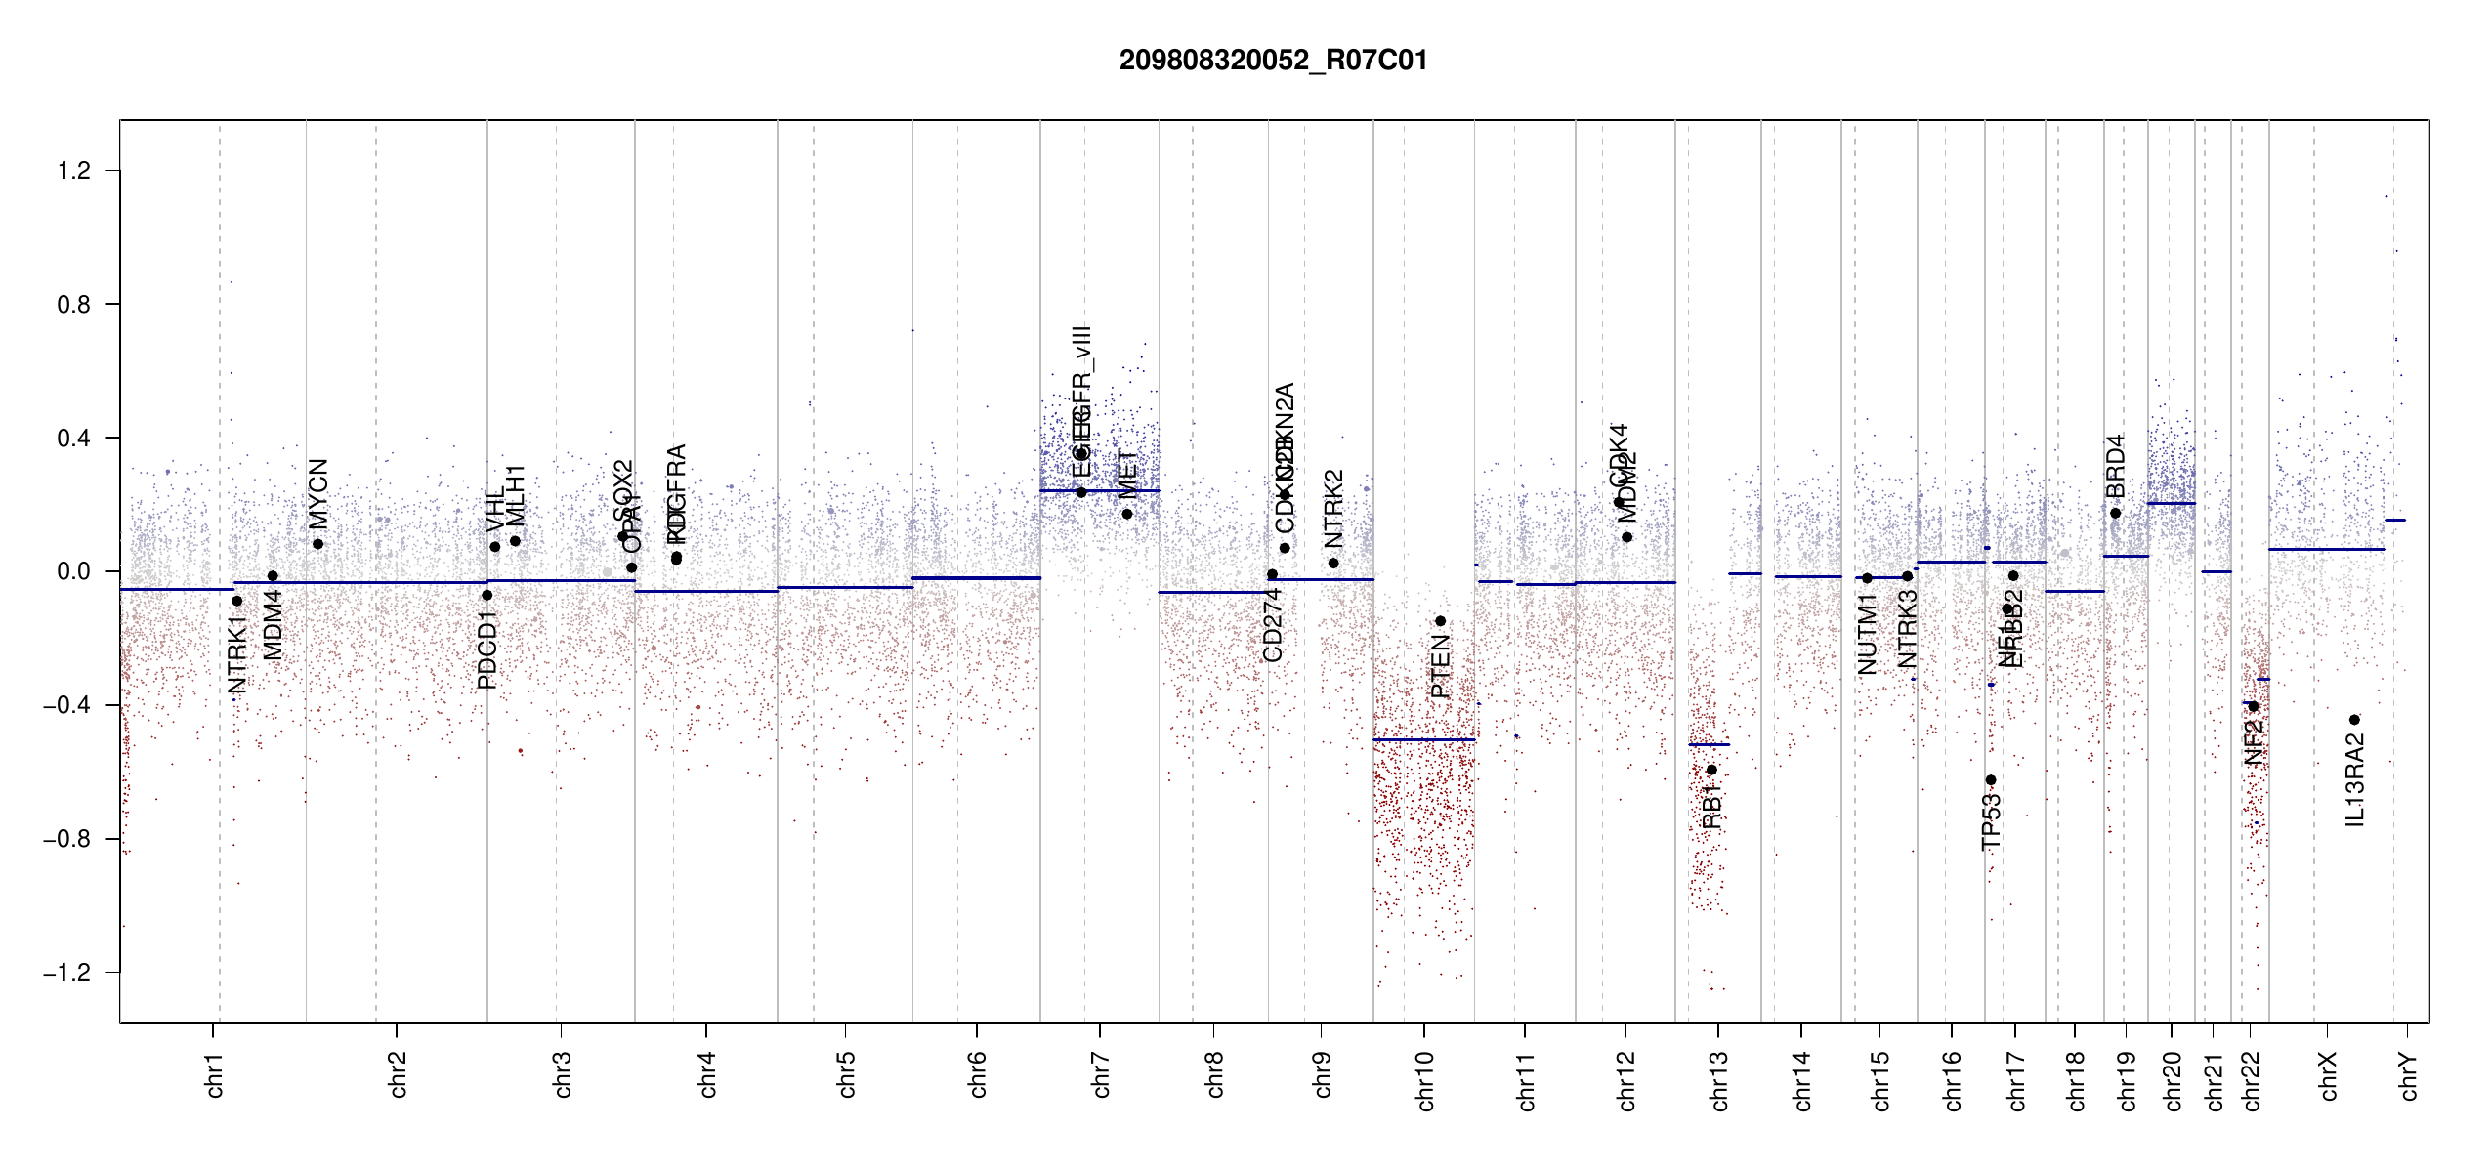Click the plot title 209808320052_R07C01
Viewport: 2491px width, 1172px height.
pyautogui.click(x=1273, y=61)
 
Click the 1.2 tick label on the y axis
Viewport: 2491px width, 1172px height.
pyautogui.click(x=73, y=171)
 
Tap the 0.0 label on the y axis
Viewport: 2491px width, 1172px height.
pyautogui.click(x=73, y=571)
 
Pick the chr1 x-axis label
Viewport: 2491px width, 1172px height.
pyautogui.click(x=214, y=1074)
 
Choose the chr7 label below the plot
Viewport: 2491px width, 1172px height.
pyautogui.click(x=1101, y=1074)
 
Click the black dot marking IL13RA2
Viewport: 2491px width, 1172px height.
pyautogui.click(x=2354, y=720)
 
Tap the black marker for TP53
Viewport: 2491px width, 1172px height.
pyautogui.click(x=1990, y=780)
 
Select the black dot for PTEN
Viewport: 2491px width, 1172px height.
pyautogui.click(x=1440, y=621)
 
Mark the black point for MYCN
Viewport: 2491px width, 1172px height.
pyautogui.click(x=317, y=544)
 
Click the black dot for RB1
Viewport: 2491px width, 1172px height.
pyautogui.click(x=1711, y=770)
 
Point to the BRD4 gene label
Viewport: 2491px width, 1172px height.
pyautogui.click(x=2115, y=467)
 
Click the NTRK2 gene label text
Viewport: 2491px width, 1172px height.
pyautogui.click(x=1333, y=509)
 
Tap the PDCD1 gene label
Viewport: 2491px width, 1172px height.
pyautogui.click(x=487, y=649)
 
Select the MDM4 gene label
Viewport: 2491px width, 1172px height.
pyautogui.click(x=273, y=625)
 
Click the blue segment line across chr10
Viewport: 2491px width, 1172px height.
pyautogui.click(x=1423, y=739)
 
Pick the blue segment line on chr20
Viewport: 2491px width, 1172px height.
pyautogui.click(x=2171, y=504)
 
